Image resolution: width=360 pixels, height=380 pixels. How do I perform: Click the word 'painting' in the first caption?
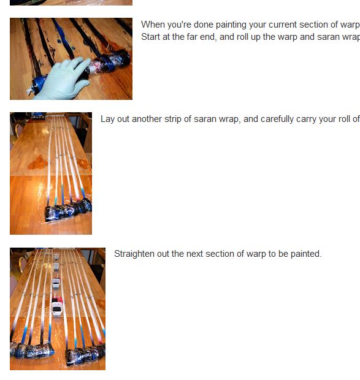[x=228, y=25]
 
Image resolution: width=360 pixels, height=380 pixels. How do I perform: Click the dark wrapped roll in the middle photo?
[x=69, y=210]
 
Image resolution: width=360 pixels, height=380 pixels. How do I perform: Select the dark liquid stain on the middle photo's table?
[x=38, y=162]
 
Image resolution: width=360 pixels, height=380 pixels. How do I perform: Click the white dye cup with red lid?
[x=56, y=307]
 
